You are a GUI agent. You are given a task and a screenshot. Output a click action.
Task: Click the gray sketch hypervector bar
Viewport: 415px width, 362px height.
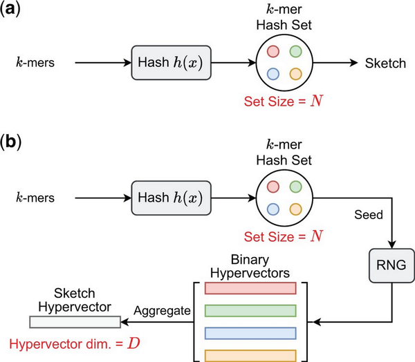coord(75,321)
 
